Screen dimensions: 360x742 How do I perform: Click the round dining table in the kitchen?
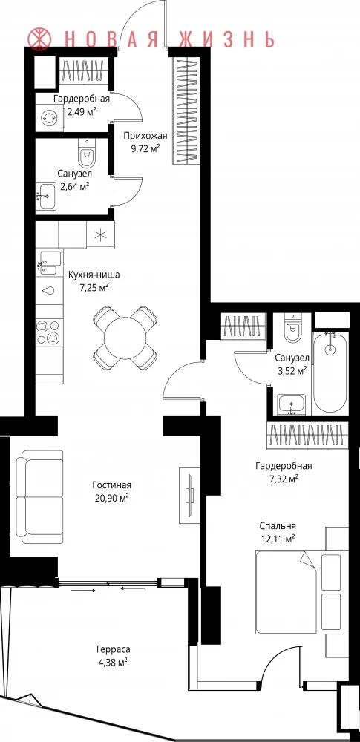coord(125,338)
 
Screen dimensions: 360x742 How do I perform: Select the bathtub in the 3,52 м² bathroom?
coord(330,372)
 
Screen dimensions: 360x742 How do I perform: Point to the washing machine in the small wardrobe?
coord(49,116)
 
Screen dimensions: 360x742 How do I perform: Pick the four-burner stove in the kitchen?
coord(49,332)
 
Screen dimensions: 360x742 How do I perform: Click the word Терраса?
coord(112,649)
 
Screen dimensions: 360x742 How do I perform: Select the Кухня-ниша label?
coord(94,275)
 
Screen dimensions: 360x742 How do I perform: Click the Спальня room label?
coord(278,526)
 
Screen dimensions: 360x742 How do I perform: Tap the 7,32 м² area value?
coord(284,479)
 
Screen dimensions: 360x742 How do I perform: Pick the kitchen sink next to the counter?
coord(50,263)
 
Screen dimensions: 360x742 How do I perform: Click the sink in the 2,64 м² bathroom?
coord(47,196)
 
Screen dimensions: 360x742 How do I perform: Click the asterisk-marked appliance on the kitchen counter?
coord(100,234)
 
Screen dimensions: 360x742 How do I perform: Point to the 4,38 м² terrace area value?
coord(112,662)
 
